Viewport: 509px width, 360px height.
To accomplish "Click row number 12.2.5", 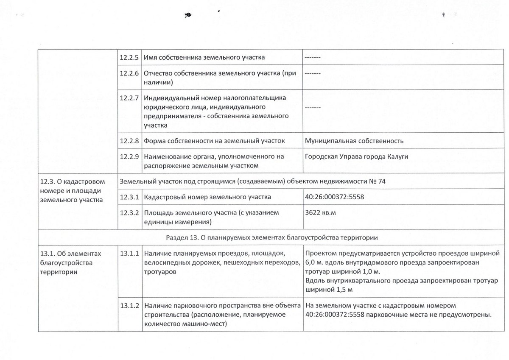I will point(130,57).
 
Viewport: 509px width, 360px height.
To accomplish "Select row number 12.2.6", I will point(130,73).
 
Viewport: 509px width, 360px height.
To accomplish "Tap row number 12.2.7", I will point(130,98).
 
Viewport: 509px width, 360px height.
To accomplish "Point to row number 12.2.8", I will point(130,141).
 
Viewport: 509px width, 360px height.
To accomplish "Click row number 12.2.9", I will point(130,156).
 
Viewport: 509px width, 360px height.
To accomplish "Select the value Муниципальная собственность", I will point(354,141).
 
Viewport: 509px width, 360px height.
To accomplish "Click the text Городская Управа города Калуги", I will point(356,156).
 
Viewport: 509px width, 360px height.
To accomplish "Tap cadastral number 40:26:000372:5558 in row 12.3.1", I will point(334,197).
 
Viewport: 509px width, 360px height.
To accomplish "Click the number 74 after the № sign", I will point(381,181).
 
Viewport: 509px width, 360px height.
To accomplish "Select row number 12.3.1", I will point(130,197).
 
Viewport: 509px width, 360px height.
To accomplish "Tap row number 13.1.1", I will point(130,254).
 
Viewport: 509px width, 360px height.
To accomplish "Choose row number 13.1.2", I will point(130,305).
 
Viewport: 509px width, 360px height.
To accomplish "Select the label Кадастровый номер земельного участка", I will point(207,197).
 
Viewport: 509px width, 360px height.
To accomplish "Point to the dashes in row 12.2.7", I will point(312,107).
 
